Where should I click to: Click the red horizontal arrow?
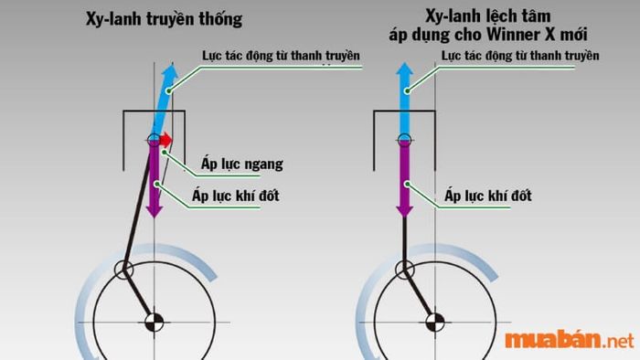pyautogui.click(x=164, y=141)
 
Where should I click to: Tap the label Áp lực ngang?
pyautogui.click(x=242, y=164)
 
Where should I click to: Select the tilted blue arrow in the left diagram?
pyautogui.click(x=163, y=100)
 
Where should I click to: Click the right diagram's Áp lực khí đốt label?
pyautogui.click(x=487, y=195)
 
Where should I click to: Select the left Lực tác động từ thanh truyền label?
pyautogui.click(x=282, y=56)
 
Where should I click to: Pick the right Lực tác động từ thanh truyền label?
pyautogui.click(x=520, y=56)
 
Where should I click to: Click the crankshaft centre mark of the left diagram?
pyautogui.click(x=153, y=322)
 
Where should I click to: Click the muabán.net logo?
pyautogui.click(x=569, y=341)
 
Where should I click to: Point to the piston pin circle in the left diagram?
pyautogui.click(x=153, y=140)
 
